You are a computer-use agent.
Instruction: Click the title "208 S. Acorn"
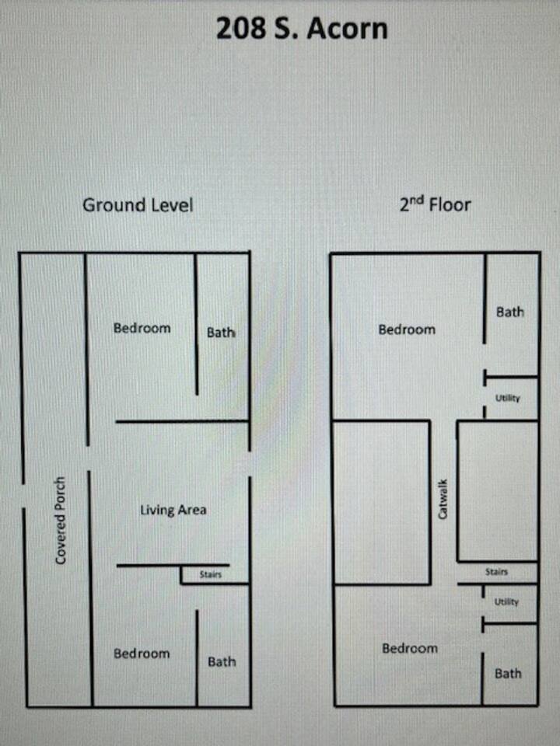302,29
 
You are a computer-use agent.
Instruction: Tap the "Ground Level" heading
138,205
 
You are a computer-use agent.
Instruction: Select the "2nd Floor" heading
436,204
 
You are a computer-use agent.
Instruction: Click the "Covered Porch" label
60,521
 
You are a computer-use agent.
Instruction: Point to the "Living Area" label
173,511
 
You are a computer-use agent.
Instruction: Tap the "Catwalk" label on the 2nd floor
443,499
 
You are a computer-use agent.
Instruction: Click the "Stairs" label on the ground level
211,574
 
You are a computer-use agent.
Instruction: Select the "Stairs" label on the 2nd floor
496,571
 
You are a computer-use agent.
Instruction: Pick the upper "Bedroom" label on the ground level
142,328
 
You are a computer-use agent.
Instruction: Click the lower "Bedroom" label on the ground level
142,654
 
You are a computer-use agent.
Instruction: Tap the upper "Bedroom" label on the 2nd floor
407,329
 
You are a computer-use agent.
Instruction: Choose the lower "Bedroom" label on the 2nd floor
410,648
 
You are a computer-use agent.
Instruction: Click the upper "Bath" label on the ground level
221,332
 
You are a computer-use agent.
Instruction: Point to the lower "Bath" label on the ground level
222,661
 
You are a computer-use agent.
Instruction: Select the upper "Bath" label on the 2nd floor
510,312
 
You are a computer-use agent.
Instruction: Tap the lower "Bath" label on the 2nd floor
508,673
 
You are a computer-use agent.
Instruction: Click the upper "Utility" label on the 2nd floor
508,398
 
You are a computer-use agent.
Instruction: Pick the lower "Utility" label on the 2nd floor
506,601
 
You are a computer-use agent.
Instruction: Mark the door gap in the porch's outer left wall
23,496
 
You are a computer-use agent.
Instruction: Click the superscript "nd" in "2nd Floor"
418,200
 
